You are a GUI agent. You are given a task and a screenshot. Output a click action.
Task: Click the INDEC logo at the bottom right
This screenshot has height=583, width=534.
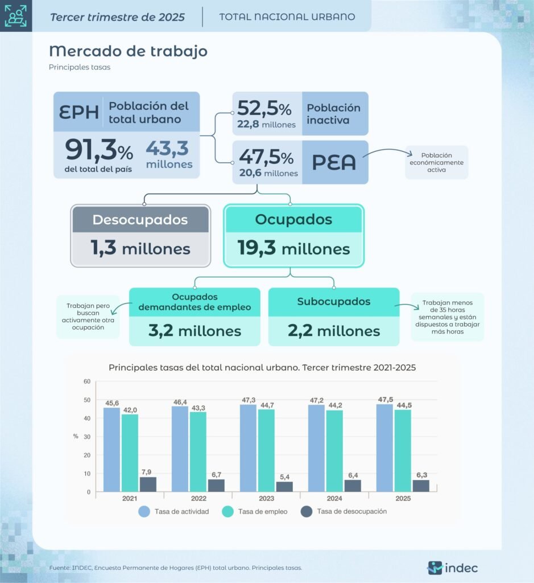453,568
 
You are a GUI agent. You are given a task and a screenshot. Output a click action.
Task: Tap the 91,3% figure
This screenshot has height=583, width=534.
99,150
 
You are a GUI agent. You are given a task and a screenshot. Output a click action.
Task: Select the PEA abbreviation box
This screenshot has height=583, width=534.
334,162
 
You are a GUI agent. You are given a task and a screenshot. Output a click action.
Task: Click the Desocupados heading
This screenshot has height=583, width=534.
140,220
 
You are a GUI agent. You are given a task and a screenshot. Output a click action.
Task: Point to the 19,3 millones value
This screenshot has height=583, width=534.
293,248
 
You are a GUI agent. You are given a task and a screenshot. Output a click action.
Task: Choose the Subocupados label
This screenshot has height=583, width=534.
333,302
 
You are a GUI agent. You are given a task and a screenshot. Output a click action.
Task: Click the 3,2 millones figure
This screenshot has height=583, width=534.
194,331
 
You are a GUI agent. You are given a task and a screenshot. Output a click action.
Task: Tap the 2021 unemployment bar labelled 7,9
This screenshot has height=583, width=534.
148,484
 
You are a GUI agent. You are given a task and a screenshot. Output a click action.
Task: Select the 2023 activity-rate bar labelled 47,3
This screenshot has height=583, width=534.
248,448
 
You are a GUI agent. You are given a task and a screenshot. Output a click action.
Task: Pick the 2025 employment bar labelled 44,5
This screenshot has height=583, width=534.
403,450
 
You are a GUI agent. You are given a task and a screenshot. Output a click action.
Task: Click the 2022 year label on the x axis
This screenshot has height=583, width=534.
198,499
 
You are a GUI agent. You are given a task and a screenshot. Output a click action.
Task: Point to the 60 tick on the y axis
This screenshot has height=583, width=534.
87,381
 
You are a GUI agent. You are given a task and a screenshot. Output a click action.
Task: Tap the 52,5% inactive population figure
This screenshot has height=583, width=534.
264,108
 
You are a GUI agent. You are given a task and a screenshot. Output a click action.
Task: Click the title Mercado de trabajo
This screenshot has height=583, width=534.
128,51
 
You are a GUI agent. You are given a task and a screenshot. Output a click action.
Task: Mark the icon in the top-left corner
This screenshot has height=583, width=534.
15,16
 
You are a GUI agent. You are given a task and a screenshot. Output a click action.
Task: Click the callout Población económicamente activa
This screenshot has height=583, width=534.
436,162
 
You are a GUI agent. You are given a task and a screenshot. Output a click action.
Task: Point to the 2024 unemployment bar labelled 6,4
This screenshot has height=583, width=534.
353,486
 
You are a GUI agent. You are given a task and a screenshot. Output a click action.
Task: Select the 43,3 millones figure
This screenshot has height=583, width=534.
169,154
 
